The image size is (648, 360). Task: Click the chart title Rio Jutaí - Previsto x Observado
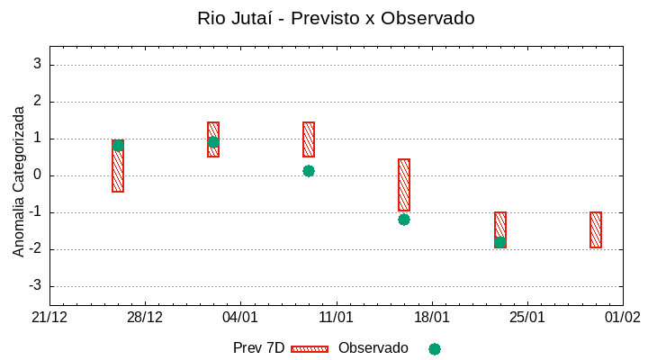[336, 18]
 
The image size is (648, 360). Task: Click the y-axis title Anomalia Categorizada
[19, 181]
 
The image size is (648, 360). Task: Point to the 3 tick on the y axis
[37, 65]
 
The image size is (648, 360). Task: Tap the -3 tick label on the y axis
[34, 286]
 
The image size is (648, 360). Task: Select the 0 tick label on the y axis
[37, 175]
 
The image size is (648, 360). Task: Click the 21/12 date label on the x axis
[49, 318]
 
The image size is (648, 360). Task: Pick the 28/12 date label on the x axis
[145, 318]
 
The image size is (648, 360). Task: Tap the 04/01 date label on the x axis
[240, 318]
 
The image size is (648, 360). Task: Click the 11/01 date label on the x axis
[336, 318]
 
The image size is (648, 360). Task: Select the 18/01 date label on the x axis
[432, 318]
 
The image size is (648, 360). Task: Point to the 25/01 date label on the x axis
[527, 318]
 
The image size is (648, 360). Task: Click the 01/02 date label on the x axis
[623, 318]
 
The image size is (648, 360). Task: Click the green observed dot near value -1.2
[404, 220]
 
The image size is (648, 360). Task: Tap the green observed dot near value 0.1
[309, 171]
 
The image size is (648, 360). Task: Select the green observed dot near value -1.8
[499, 242]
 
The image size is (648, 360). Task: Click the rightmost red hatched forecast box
[596, 229]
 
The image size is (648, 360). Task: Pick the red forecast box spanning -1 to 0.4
[404, 184]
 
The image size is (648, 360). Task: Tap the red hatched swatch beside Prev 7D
[310, 348]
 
